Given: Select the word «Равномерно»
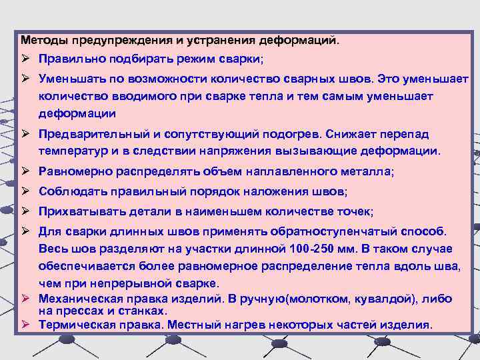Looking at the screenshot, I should [75, 172].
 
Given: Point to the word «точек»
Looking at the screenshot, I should [357, 212].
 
